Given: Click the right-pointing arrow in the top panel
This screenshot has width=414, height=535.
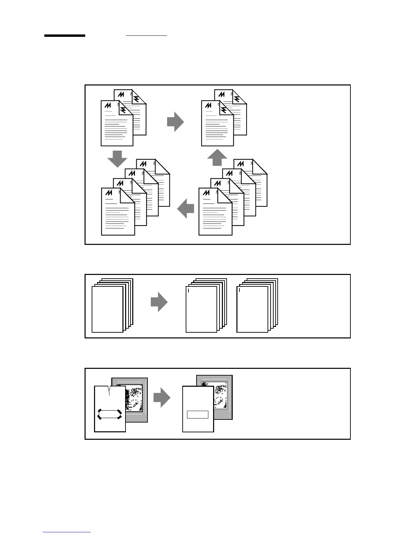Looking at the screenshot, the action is (175, 122).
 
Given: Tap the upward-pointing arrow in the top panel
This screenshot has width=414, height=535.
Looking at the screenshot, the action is (217, 157).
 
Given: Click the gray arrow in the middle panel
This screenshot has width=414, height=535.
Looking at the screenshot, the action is (159, 302).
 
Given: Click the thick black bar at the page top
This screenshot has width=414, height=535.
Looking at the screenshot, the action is (65, 35).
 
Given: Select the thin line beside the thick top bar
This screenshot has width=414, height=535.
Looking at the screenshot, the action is (146, 35).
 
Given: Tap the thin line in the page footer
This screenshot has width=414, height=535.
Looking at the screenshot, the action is (67, 532).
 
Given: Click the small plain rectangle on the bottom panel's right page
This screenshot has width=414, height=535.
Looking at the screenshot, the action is (198, 414).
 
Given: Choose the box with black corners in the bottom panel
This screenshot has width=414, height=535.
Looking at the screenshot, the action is (109, 414).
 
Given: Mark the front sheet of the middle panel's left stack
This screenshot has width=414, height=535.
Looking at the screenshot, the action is (107, 309).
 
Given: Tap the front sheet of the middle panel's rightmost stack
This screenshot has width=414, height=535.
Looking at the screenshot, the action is (252, 309).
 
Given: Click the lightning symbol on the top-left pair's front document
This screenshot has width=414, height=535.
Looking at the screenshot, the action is (123, 110).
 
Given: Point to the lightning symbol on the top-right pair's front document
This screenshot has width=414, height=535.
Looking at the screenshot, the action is (224, 110).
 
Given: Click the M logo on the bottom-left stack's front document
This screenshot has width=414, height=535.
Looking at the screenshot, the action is (109, 193).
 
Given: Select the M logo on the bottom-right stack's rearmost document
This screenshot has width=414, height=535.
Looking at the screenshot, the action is (241, 164).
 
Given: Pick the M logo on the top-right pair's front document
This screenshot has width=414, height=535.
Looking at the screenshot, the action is (209, 105).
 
